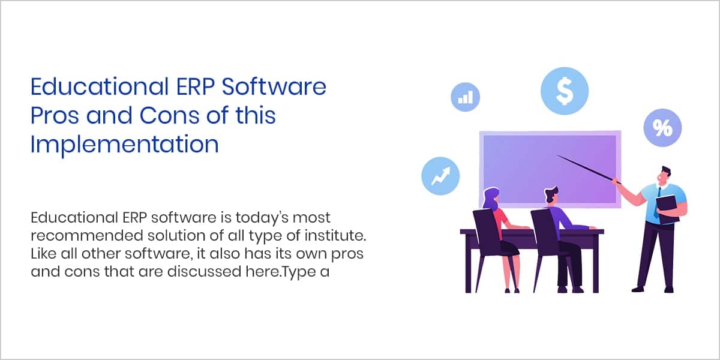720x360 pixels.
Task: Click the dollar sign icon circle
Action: [565, 91]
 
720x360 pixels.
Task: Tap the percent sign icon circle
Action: [662, 128]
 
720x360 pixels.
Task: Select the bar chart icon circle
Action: [465, 97]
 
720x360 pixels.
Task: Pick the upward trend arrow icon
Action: [440, 176]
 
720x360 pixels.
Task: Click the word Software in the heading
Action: [274, 86]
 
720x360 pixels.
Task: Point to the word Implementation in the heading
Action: [125, 145]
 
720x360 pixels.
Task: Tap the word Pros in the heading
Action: [55, 115]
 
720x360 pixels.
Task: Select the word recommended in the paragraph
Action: [87, 236]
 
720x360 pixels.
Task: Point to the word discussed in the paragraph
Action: [204, 272]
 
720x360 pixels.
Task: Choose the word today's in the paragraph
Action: [262, 218]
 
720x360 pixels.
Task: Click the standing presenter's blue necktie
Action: [657, 203]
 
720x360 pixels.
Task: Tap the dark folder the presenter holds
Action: [668, 209]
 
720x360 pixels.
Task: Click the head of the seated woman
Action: [491, 199]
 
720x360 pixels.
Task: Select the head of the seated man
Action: [551, 195]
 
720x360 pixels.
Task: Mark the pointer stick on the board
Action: [589, 169]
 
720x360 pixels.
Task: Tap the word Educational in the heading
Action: [100, 86]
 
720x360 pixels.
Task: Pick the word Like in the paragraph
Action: [43, 254]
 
